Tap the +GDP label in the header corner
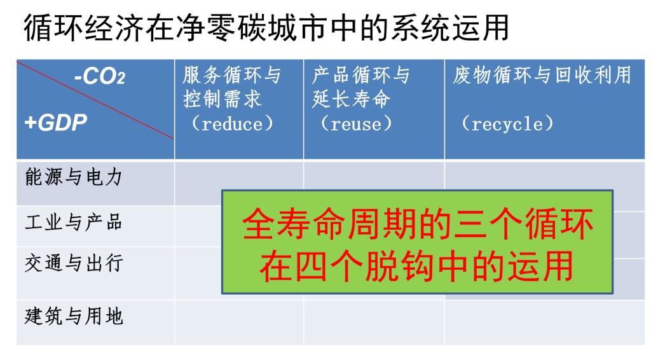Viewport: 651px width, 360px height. tap(56, 123)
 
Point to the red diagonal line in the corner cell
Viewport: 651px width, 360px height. tap(95, 100)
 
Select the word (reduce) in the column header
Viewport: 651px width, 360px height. tap(232, 124)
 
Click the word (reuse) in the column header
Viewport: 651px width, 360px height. tap(356, 124)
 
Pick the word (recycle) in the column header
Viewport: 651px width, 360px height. tap(507, 124)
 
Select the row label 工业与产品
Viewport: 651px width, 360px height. tap(74, 222)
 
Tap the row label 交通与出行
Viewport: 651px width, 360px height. tap(74, 263)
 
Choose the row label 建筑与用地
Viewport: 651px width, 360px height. tap(74, 316)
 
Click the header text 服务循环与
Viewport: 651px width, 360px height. tap(232, 76)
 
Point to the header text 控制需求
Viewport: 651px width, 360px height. tap(223, 99)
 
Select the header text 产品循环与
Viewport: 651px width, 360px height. tap(361, 76)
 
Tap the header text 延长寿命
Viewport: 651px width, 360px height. tap(351, 99)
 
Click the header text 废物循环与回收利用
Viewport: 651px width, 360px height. tap(542, 75)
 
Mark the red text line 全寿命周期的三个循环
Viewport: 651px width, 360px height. tap(418, 225)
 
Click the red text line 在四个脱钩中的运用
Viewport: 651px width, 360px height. tap(417, 266)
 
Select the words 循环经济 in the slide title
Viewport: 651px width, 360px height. tap(85, 28)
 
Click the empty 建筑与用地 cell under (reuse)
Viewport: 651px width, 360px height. tap(374, 322)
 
